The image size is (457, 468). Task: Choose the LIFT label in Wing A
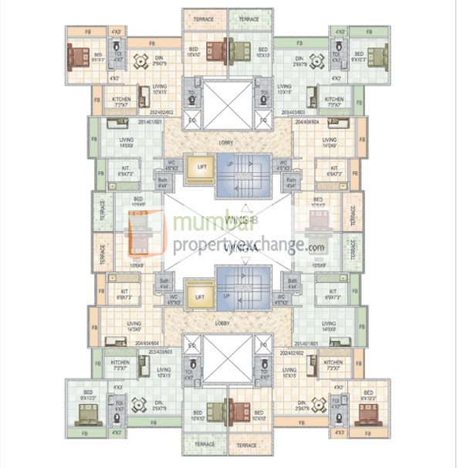coord(199,297)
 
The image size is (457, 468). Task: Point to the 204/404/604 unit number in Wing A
coord(147,343)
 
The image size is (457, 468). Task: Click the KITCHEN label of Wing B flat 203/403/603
coord(333,101)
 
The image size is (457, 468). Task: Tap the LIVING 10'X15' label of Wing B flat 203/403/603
coord(283,89)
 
